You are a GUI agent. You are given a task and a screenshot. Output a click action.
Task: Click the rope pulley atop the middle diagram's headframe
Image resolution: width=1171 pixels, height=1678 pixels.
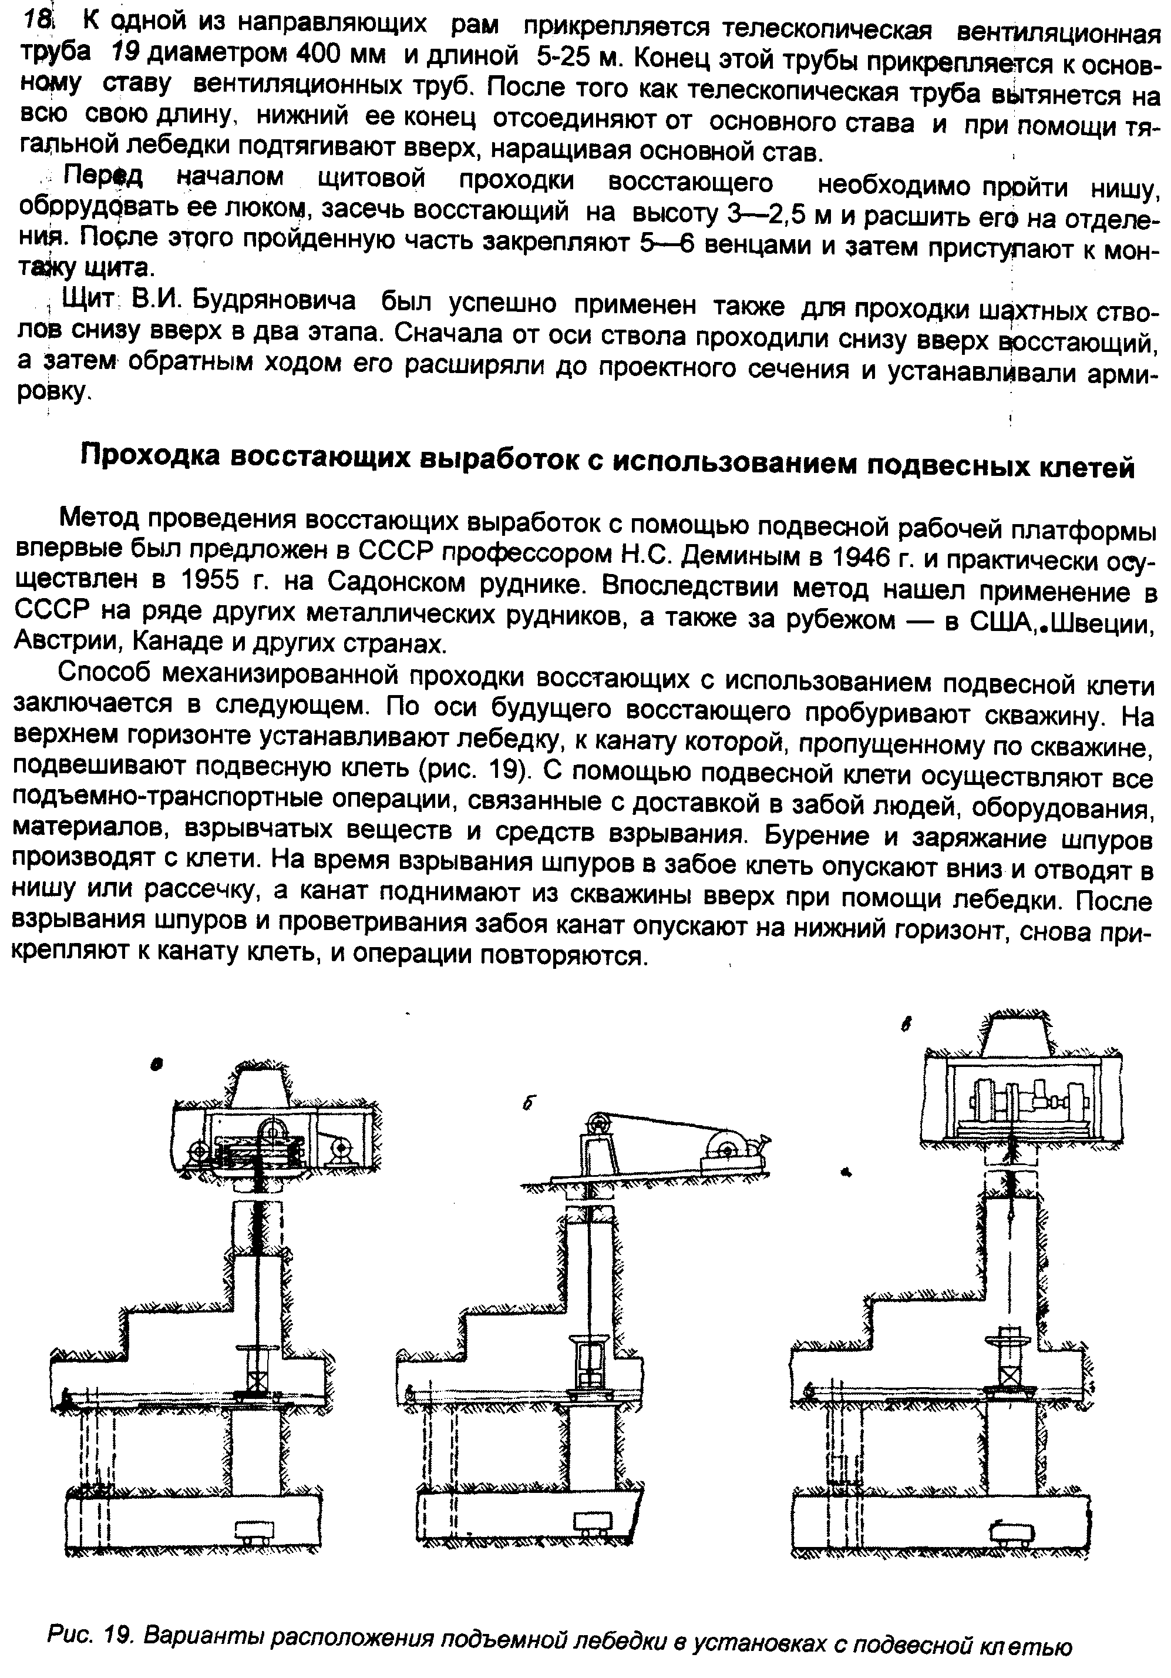598,1120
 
